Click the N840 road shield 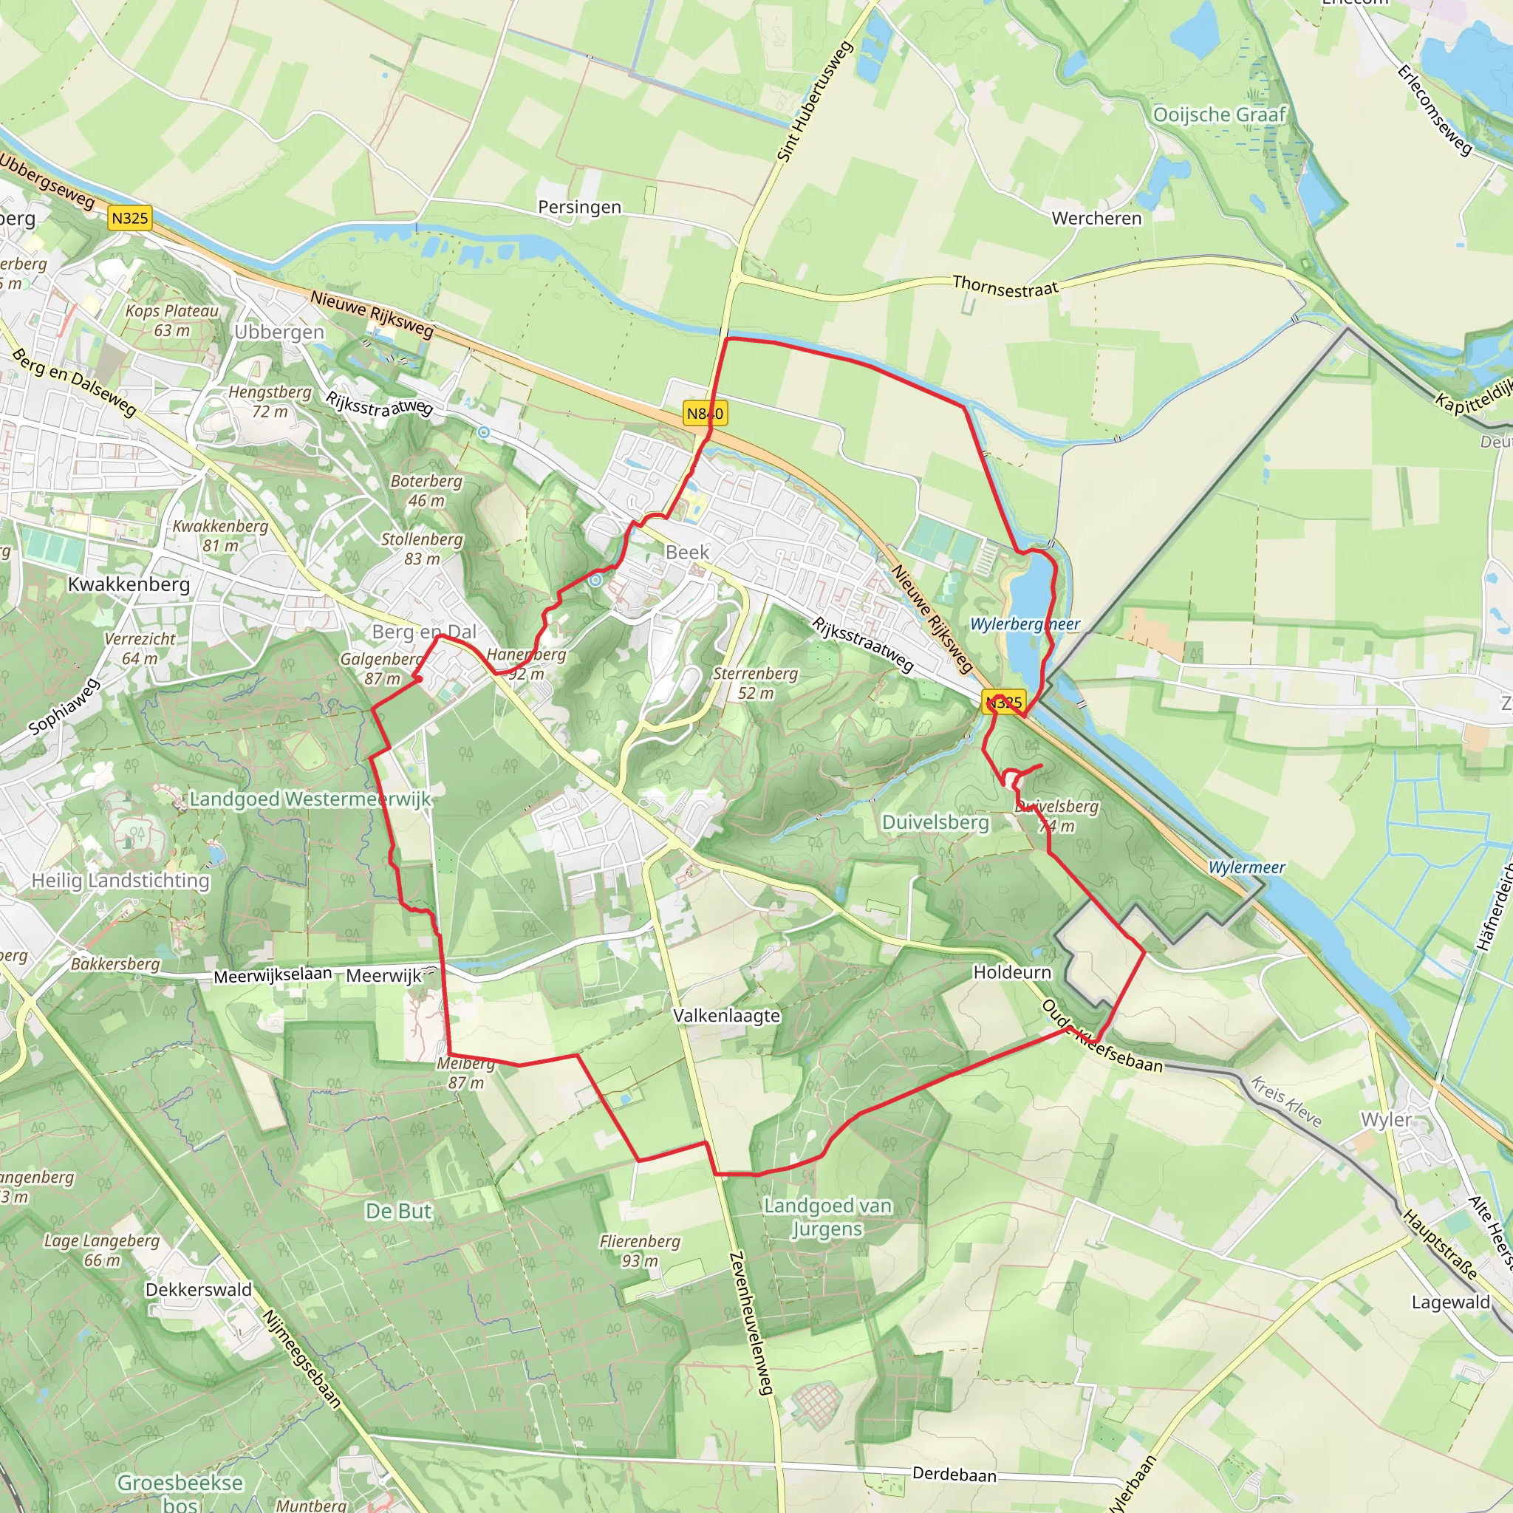pos(705,414)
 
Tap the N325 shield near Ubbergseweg pos(129,218)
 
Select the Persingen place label pos(579,207)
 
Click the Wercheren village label pos(1096,219)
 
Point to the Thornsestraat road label pos(1005,287)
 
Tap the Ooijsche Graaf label pos(1219,115)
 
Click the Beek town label pos(687,552)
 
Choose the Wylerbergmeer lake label pos(1025,624)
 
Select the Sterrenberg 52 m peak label pos(755,683)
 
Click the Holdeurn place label pos(1012,972)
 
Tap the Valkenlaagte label pos(727,1016)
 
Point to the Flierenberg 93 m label pos(639,1251)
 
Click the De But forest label pos(399,1212)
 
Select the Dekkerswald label pos(199,1290)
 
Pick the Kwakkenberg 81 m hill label pos(220,536)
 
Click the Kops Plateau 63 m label pos(171,321)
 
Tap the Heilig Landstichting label pos(120,881)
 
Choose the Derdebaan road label pos(954,1475)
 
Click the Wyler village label pos(1385,1120)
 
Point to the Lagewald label pos(1450,1302)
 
